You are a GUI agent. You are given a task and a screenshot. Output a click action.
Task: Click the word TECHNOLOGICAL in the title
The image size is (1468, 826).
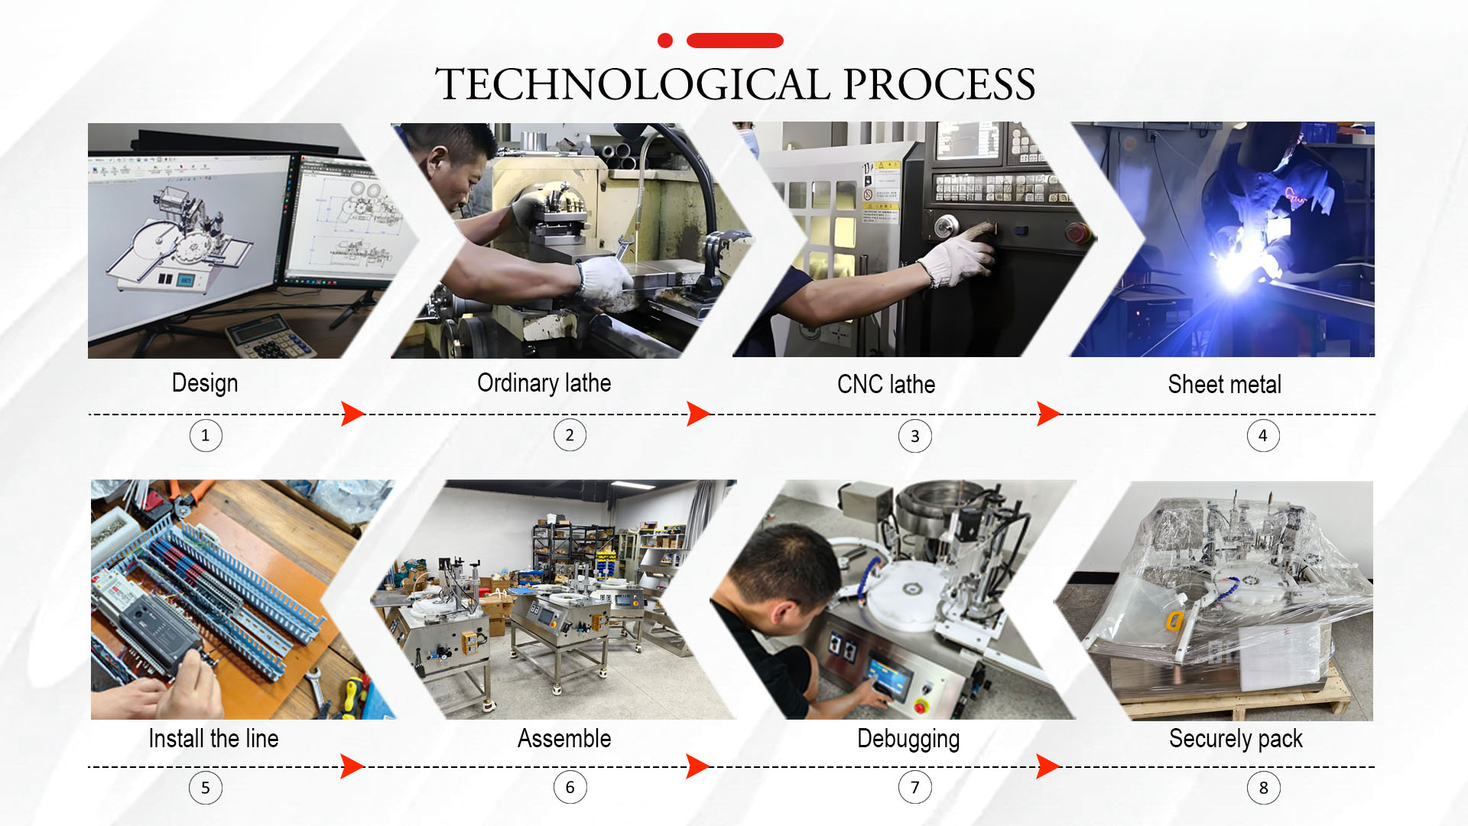[x=632, y=84]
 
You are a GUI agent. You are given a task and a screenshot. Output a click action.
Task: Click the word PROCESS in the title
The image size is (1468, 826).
[x=939, y=84]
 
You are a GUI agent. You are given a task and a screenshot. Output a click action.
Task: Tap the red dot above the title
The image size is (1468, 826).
[x=665, y=41]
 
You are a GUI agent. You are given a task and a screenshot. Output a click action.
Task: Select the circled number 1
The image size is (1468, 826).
[x=206, y=435]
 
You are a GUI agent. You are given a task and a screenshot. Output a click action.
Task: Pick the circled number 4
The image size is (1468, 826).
[x=1263, y=435]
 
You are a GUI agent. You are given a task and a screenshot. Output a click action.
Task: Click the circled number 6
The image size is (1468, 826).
[x=570, y=787]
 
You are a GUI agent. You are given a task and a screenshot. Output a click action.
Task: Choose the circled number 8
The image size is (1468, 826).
[x=1263, y=788]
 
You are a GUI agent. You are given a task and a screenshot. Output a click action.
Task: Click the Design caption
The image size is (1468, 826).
[x=205, y=383]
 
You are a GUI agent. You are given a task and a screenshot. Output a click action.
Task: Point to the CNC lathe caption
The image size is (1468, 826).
[x=886, y=384]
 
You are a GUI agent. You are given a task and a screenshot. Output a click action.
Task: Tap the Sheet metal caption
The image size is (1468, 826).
[x=1225, y=384]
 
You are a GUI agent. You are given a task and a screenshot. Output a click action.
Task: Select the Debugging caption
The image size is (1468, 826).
[x=908, y=739]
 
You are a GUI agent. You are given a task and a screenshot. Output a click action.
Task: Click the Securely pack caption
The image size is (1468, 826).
[x=1236, y=739]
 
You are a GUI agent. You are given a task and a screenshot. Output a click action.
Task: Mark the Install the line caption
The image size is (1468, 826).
[x=213, y=739]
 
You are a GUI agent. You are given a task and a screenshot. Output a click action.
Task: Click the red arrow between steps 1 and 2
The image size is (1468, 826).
[x=352, y=414]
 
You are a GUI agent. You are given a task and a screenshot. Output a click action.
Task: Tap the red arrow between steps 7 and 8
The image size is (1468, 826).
[x=1048, y=766]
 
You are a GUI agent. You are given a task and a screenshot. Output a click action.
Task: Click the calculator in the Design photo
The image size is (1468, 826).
[x=269, y=337]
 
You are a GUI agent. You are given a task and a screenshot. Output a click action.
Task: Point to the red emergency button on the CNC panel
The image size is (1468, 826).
[x=1077, y=232]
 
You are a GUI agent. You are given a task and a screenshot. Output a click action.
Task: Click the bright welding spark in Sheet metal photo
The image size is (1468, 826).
[x=1233, y=268]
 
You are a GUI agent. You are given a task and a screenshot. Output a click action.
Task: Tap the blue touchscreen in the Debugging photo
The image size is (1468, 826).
[x=889, y=676]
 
